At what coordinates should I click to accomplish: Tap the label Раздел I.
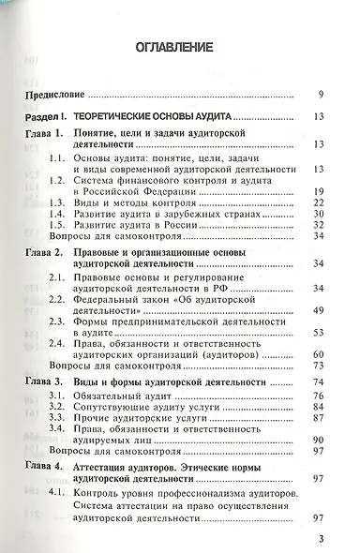point(48,117)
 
